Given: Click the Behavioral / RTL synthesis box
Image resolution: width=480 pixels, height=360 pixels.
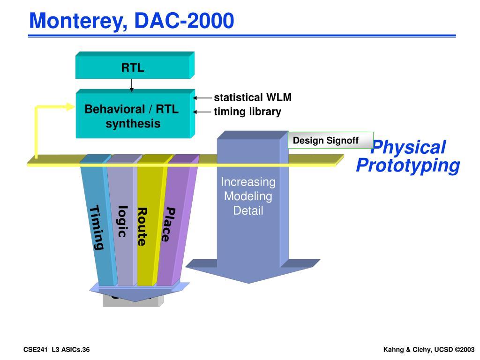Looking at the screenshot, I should point(133,116).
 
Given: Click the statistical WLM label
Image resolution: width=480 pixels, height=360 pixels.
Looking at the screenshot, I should point(253,97).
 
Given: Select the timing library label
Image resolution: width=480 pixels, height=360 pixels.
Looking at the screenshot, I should point(247,112).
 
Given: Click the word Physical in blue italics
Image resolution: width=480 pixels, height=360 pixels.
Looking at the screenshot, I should point(408,148).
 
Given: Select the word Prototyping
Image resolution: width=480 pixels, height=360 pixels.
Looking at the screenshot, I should point(408,165).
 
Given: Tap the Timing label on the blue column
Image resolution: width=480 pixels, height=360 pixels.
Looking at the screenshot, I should point(97,228).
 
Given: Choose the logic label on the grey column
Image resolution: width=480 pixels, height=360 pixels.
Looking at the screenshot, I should point(122,221).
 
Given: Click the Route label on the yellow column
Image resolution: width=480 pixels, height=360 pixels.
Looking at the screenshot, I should point(142,226).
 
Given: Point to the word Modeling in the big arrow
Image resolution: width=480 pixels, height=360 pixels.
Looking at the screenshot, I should point(248,196).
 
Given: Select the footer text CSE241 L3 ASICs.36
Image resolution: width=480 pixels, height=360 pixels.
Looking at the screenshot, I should point(57,350).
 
